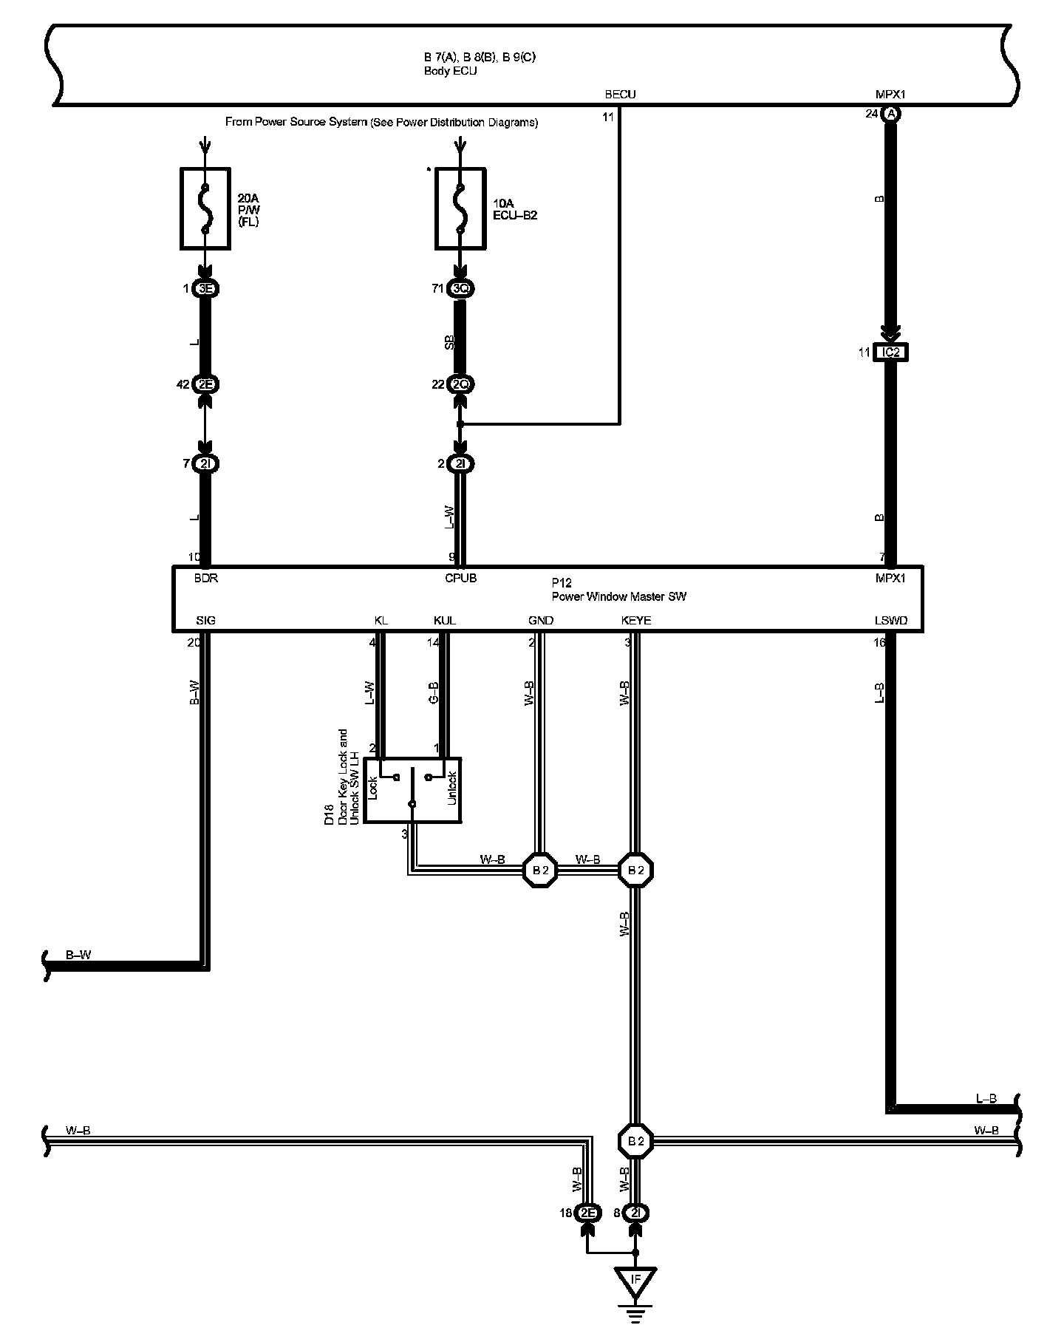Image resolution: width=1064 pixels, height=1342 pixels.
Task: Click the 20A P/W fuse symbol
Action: click(205, 208)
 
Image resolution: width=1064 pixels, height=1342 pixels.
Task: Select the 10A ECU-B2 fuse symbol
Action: click(460, 208)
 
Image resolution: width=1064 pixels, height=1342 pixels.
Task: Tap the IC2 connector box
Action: click(891, 352)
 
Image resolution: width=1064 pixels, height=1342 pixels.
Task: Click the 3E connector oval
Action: click(205, 289)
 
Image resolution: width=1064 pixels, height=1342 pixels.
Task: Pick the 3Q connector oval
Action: click(460, 289)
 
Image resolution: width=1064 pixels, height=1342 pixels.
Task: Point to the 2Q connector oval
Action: click(460, 384)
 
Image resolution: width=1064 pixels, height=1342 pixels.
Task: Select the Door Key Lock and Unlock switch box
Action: click(413, 789)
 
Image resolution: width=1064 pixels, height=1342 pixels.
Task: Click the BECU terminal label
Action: click(620, 95)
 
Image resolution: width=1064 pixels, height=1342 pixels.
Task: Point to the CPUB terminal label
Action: click(460, 579)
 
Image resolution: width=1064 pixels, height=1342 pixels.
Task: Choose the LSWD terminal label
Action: click(890, 621)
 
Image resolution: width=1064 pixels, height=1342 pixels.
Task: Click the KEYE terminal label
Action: click(635, 621)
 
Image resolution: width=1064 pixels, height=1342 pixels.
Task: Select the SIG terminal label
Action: click(205, 621)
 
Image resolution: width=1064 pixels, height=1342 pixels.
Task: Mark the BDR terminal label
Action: click(205, 579)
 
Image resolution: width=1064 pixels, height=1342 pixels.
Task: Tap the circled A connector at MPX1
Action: click(891, 114)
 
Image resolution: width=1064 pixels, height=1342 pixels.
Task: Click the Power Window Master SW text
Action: click(618, 596)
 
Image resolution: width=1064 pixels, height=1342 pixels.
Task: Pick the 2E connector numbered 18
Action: click(587, 1213)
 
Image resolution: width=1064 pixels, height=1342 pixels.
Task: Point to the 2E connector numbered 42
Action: click(205, 384)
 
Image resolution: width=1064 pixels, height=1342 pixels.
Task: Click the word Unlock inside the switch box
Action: click(452, 788)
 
